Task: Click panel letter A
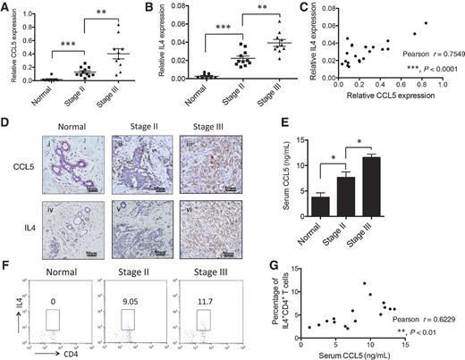(6, 7)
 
